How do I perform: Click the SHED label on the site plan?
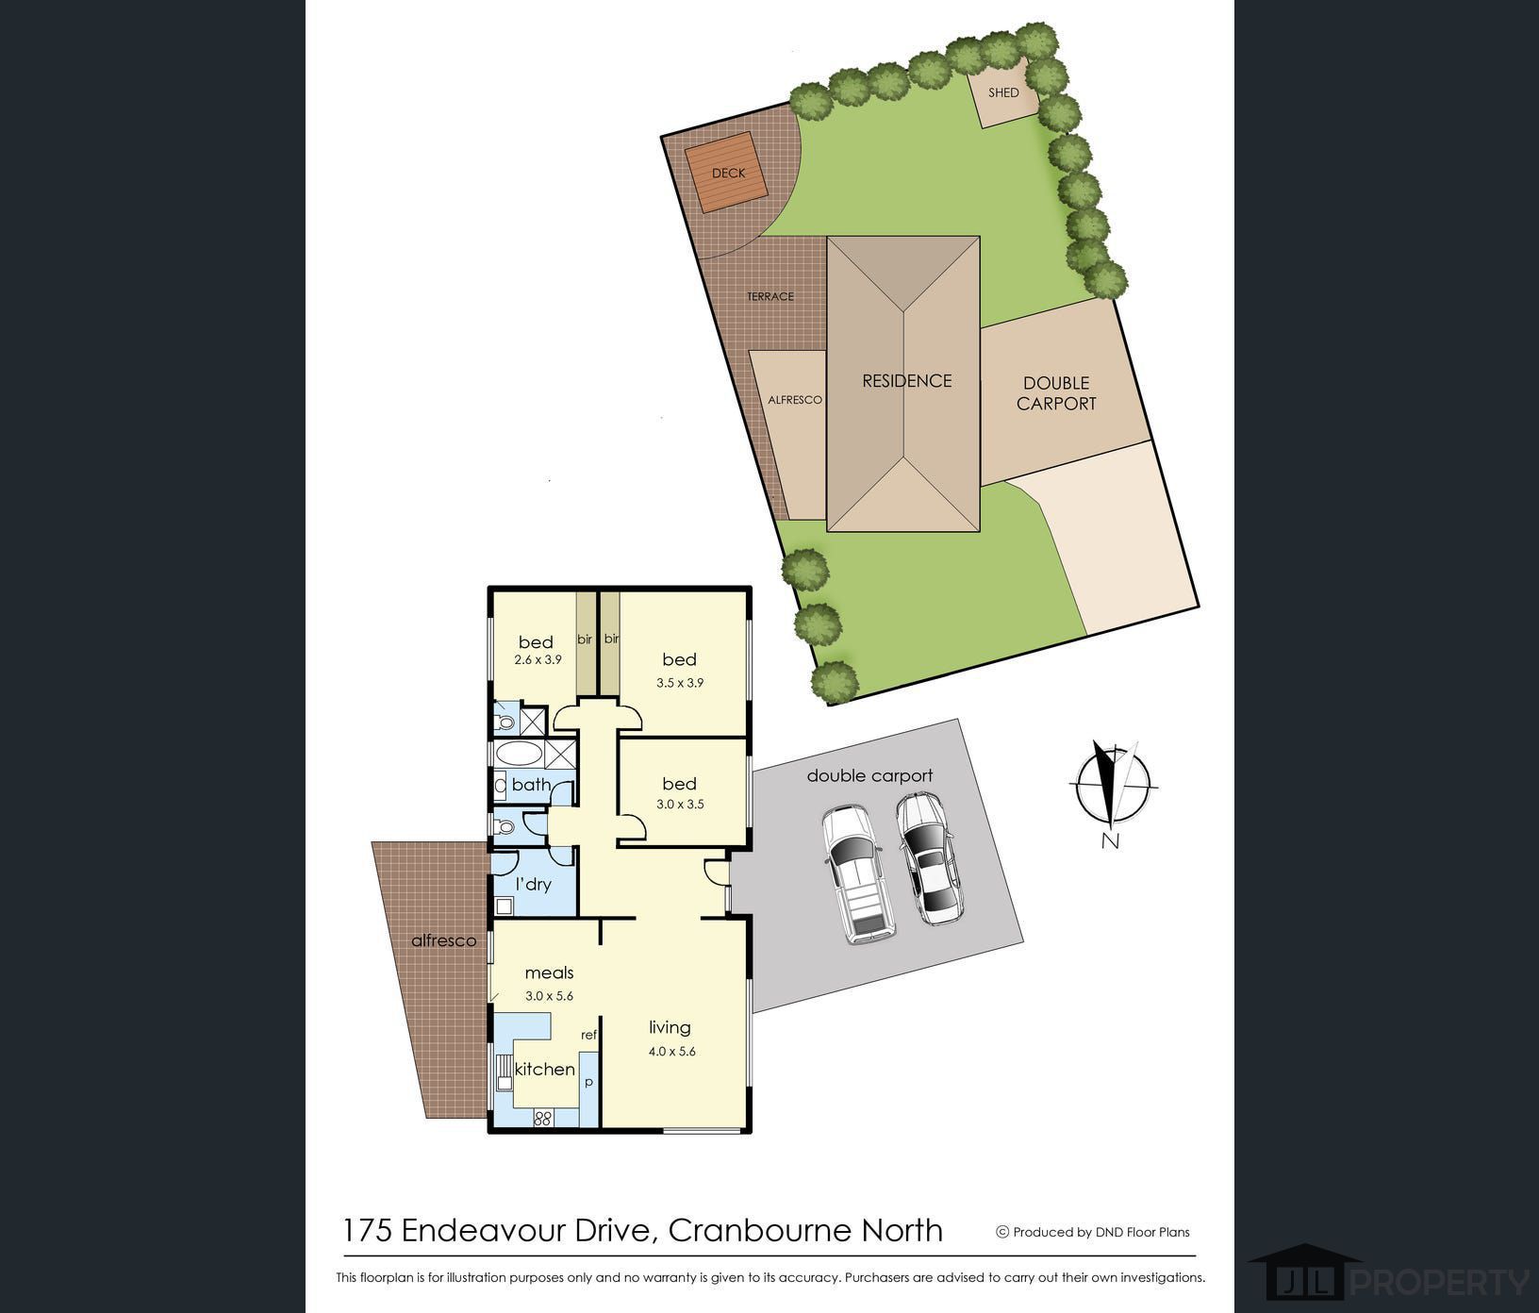pos(1003,92)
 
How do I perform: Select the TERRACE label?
pos(770,296)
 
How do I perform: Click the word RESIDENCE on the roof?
pos(907,381)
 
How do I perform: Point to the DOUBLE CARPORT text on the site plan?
pos(1056,393)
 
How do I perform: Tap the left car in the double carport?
pos(857,873)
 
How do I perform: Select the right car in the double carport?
pos(926,858)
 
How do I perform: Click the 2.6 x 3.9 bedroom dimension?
pos(538,660)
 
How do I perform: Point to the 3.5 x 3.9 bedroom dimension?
pos(681,683)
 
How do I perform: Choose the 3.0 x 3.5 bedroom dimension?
pos(680,805)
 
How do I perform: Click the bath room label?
pos(531,784)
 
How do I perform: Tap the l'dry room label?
pos(533,884)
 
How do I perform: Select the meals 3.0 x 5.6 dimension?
pos(549,995)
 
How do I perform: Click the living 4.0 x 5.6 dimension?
pos(671,1051)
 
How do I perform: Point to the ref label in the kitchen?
pos(588,1035)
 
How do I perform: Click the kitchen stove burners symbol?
pos(542,1119)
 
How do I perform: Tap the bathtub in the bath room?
pos(518,755)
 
